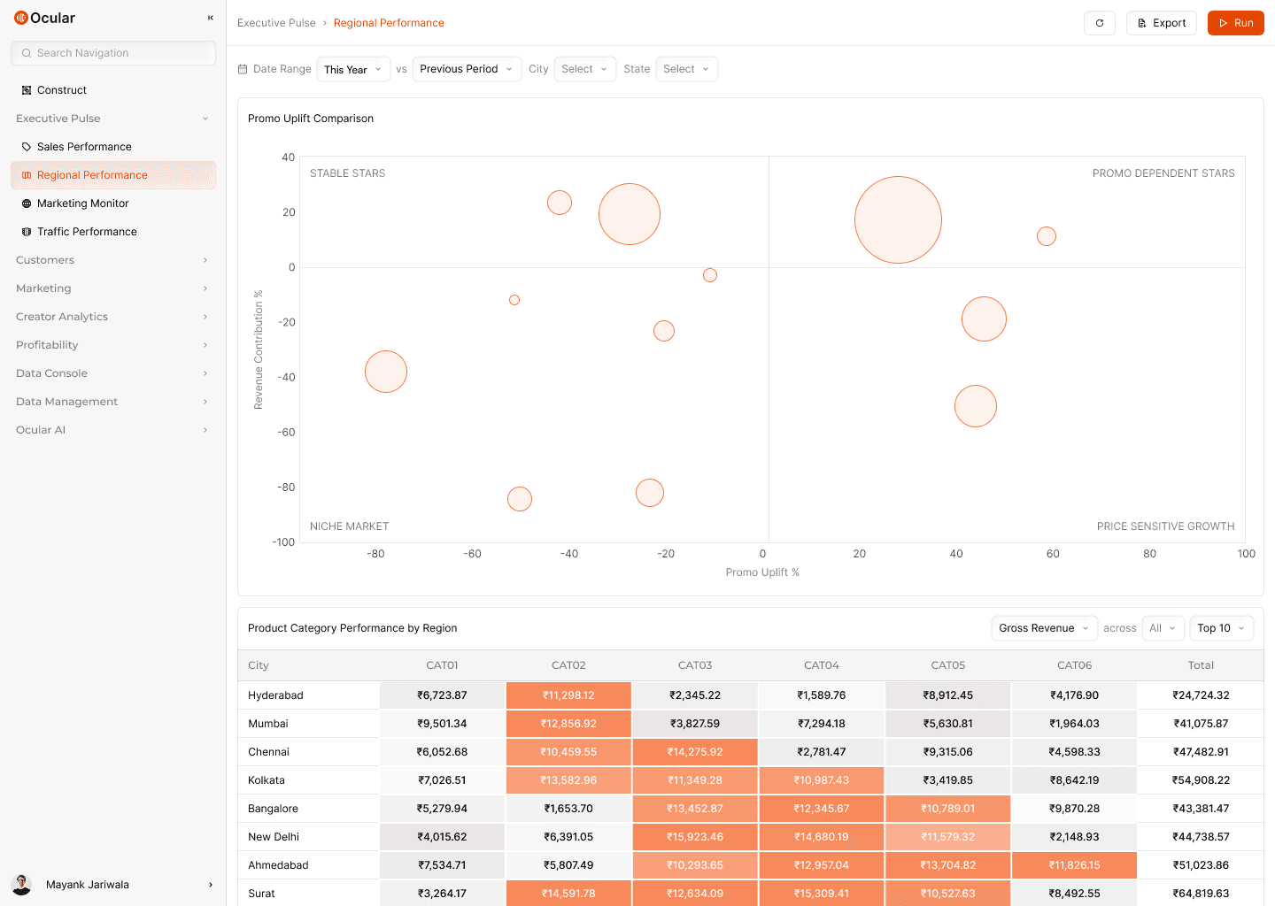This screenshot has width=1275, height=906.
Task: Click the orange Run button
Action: pyautogui.click(x=1235, y=23)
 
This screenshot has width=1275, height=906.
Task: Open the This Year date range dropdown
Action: pyautogui.click(x=353, y=69)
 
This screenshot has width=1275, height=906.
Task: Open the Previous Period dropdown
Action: pyautogui.click(x=467, y=69)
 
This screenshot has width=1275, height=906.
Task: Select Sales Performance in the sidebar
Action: pyautogui.click(x=84, y=147)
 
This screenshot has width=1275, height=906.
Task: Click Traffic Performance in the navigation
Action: pyautogui.click(x=87, y=232)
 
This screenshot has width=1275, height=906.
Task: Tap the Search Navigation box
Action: pyautogui.click(x=113, y=53)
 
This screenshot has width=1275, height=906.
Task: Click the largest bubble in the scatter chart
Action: pyautogui.click(x=898, y=220)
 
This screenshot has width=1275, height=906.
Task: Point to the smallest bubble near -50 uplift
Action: pyautogui.click(x=514, y=300)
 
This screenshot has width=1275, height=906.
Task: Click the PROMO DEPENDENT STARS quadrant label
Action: pyautogui.click(x=1163, y=173)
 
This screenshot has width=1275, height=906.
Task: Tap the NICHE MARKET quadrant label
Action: pyautogui.click(x=349, y=526)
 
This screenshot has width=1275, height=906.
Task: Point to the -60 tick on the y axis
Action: pyautogui.click(x=286, y=432)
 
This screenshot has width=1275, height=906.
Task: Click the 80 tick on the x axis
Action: pyautogui.click(x=1149, y=554)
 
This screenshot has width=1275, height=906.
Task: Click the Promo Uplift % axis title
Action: pyautogui.click(x=762, y=572)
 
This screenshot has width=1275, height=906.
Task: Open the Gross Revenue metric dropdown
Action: pyautogui.click(x=1044, y=628)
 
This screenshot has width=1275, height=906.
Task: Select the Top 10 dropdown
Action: pyautogui.click(x=1221, y=628)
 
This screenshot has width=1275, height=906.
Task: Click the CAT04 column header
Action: pyautogui.click(x=821, y=665)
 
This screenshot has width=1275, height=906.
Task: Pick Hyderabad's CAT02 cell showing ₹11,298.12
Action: pyautogui.click(x=568, y=695)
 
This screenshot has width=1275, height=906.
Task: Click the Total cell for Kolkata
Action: pyautogui.click(x=1201, y=780)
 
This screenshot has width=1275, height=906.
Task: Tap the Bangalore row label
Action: pyautogui.click(x=274, y=809)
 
